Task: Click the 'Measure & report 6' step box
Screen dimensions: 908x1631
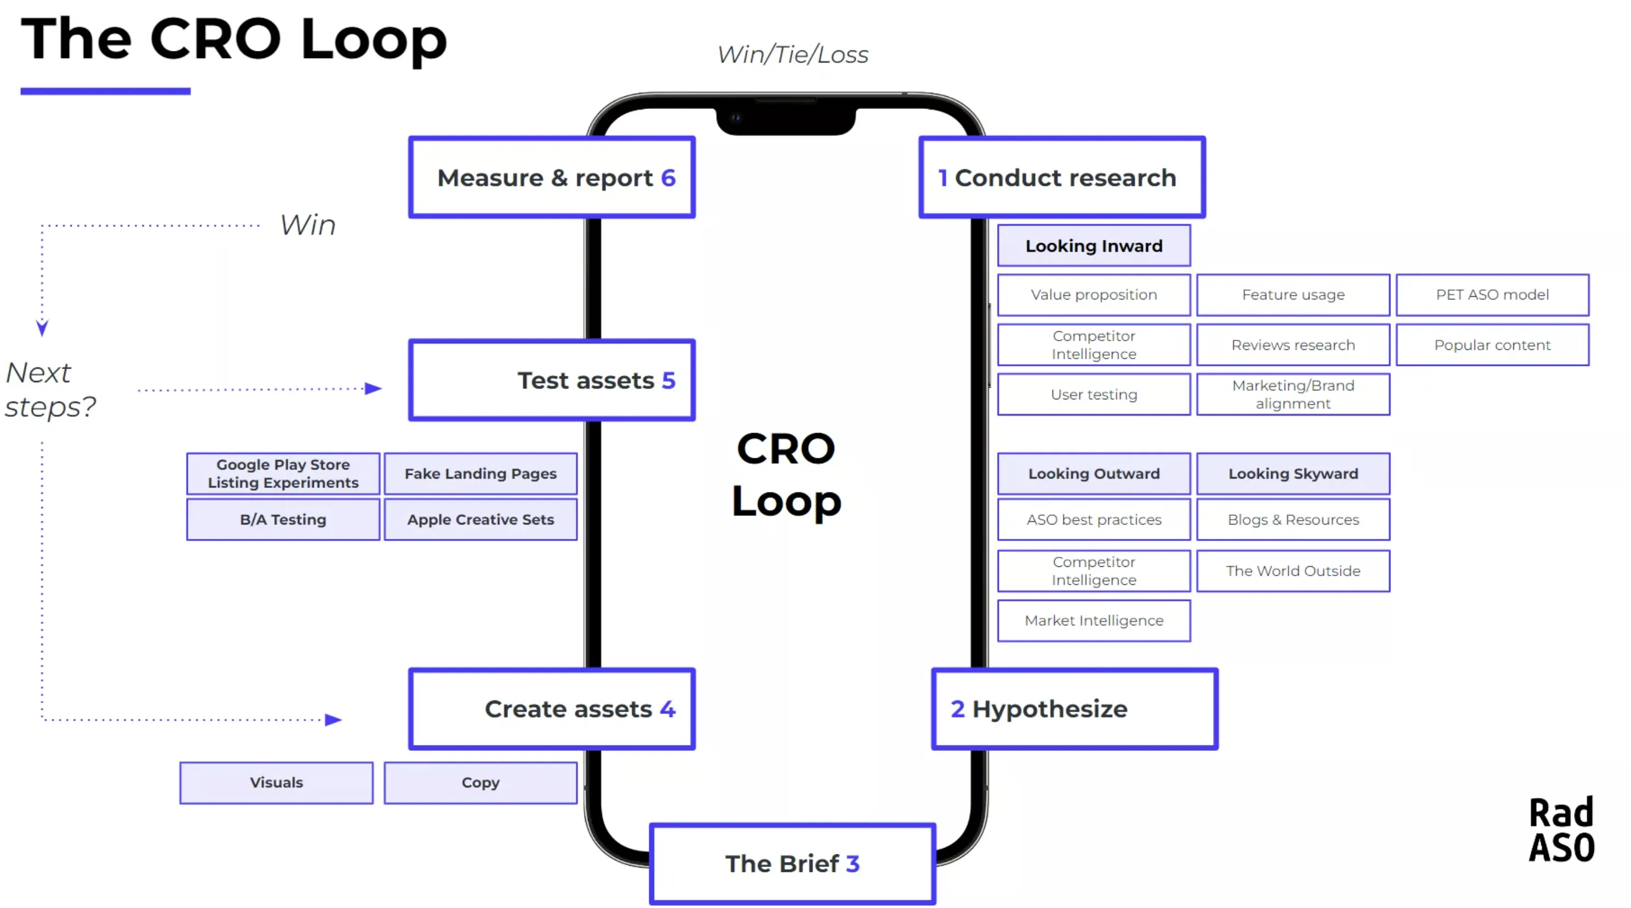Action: (x=552, y=177)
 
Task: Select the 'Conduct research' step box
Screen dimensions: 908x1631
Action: (x=1062, y=177)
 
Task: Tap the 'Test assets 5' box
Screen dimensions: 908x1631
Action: (x=552, y=380)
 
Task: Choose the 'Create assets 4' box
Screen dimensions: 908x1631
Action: (x=552, y=709)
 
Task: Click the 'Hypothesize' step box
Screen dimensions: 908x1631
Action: (x=1074, y=709)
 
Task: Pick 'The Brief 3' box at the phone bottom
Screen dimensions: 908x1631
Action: (x=792, y=864)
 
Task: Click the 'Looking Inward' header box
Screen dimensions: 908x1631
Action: (x=1094, y=245)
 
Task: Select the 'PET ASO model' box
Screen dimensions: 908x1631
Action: (x=1492, y=294)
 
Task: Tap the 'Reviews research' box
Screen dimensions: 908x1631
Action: (x=1292, y=345)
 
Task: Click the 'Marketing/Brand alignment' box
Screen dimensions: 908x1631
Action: (x=1292, y=394)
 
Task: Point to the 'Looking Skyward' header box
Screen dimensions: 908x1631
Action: (x=1292, y=473)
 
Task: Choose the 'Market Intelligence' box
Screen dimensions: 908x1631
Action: (x=1094, y=620)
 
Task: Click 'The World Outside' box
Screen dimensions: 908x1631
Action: (x=1292, y=571)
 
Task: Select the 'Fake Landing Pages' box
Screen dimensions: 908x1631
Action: (x=480, y=473)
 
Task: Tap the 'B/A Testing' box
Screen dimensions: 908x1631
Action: (x=283, y=520)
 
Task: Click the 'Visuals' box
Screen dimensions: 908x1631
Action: (x=276, y=782)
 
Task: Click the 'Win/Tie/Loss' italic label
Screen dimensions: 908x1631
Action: (x=792, y=54)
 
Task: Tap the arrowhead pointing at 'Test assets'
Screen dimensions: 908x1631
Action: (x=374, y=388)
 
